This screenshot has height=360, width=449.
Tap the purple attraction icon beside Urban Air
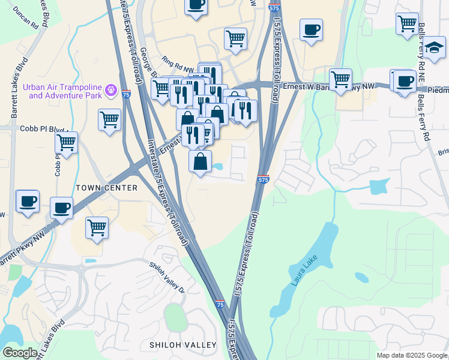[110, 91]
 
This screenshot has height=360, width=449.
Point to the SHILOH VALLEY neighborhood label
[182, 344]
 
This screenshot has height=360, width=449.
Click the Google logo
[20, 353]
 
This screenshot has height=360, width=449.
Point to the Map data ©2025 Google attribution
[412, 355]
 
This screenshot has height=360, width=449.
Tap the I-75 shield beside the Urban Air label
[125, 94]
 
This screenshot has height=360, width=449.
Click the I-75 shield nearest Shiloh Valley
[220, 305]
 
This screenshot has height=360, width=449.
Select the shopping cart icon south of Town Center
[97, 227]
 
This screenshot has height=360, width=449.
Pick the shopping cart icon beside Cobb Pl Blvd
[66, 143]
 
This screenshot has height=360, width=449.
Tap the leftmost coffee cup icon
[28, 201]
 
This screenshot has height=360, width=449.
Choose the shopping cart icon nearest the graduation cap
[407, 23]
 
